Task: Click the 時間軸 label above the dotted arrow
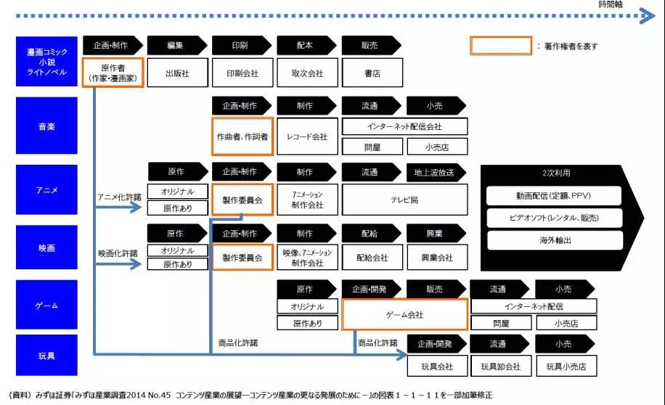point(611,4)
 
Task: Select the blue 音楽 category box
point(46,126)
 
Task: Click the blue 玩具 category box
point(46,356)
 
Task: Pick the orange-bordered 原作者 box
point(113,73)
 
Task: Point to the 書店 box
point(372,73)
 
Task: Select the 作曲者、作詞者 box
point(242,136)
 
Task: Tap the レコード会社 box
point(307,136)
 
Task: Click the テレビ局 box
point(404,200)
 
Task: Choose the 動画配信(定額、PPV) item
point(555,195)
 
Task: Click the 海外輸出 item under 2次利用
point(555,240)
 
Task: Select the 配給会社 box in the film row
point(372,258)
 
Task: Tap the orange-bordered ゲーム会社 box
point(404,315)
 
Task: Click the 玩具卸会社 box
point(498,367)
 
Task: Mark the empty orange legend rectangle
point(501,46)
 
